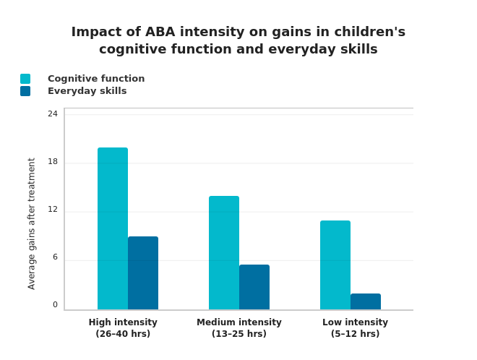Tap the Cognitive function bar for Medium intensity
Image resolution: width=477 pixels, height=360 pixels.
pyautogui.click(x=224, y=253)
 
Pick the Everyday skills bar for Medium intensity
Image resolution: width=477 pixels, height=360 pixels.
pyautogui.click(x=254, y=287)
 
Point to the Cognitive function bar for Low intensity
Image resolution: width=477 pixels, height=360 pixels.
pyautogui.click(x=335, y=265)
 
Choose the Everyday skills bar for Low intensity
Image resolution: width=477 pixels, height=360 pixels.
pyautogui.click(x=366, y=301)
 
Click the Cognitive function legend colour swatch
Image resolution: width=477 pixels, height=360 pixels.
pyautogui.click(x=25, y=79)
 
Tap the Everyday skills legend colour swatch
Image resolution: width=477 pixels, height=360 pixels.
pyautogui.click(x=25, y=91)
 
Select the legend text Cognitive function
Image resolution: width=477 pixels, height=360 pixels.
pyautogui.click(x=96, y=79)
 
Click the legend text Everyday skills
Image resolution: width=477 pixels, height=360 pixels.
pyautogui.click(x=87, y=91)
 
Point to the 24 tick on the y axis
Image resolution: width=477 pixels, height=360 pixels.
pyautogui.click(x=53, y=113)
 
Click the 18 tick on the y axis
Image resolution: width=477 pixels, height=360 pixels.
pyautogui.click(x=53, y=161)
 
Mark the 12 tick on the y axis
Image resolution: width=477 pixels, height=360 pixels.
pyautogui.click(x=53, y=209)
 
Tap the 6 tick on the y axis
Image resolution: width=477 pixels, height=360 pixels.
pyautogui.click(x=55, y=257)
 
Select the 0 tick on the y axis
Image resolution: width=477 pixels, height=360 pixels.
pyautogui.click(x=55, y=304)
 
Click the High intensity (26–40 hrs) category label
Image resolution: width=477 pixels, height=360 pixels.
pyautogui.click(x=123, y=328)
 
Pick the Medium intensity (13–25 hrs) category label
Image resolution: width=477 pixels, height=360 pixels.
pyautogui.click(x=239, y=328)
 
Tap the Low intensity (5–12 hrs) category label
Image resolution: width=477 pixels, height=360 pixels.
pyautogui.click(x=355, y=328)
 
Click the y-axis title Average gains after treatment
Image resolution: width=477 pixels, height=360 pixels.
pyautogui.click(x=32, y=223)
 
